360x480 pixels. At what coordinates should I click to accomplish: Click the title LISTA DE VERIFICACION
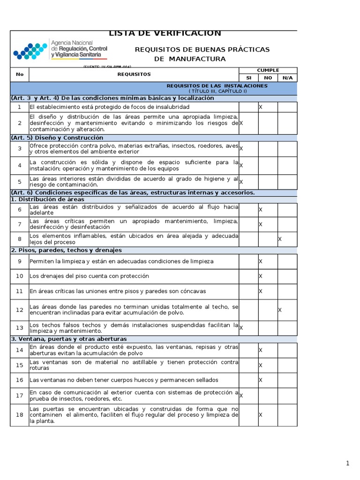pos(165,33)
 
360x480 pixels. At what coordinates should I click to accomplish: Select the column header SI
pos(248,78)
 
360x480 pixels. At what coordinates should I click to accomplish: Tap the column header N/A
pos(287,78)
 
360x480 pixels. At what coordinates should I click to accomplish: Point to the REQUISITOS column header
pos(134,74)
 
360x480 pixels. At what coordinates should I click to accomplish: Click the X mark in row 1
pos(261,107)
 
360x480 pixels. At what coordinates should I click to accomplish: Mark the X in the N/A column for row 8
pos(280,239)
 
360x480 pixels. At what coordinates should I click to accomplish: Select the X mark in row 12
pos(280,310)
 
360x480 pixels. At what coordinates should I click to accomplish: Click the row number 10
pos(19,276)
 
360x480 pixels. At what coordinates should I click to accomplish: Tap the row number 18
pos(19,415)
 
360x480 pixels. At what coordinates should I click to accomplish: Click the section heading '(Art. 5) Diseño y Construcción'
pos(57,138)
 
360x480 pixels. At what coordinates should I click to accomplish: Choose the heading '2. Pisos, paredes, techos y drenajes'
pos(66,250)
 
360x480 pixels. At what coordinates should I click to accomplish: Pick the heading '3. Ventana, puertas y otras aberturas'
pos(68,339)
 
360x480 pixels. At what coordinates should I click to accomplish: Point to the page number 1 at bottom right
pos(347,464)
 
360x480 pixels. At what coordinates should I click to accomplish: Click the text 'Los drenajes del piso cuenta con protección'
pos(89,276)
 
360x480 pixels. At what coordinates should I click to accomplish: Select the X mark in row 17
pos(241,396)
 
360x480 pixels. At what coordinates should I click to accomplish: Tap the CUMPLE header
pos(268,70)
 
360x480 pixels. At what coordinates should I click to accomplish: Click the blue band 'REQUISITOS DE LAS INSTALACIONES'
pos(217,86)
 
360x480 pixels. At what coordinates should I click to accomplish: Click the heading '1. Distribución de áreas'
pos(48,199)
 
